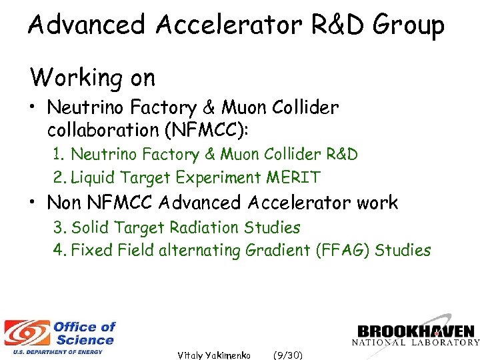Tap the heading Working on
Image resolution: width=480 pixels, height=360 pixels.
click(x=92, y=77)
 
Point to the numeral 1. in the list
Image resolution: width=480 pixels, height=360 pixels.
click(x=60, y=155)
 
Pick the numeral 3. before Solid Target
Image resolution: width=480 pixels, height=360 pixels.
click(x=61, y=227)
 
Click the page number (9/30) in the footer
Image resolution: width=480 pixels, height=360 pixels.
click(x=287, y=355)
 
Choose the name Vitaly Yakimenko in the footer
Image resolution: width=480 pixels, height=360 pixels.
click(x=214, y=355)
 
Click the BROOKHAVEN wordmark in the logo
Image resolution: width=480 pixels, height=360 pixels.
click(x=415, y=332)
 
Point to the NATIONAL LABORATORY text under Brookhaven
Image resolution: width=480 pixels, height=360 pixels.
click(x=415, y=343)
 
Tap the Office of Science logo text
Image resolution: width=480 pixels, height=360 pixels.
click(x=84, y=333)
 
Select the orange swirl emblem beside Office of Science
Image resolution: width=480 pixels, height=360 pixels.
click(x=27, y=333)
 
